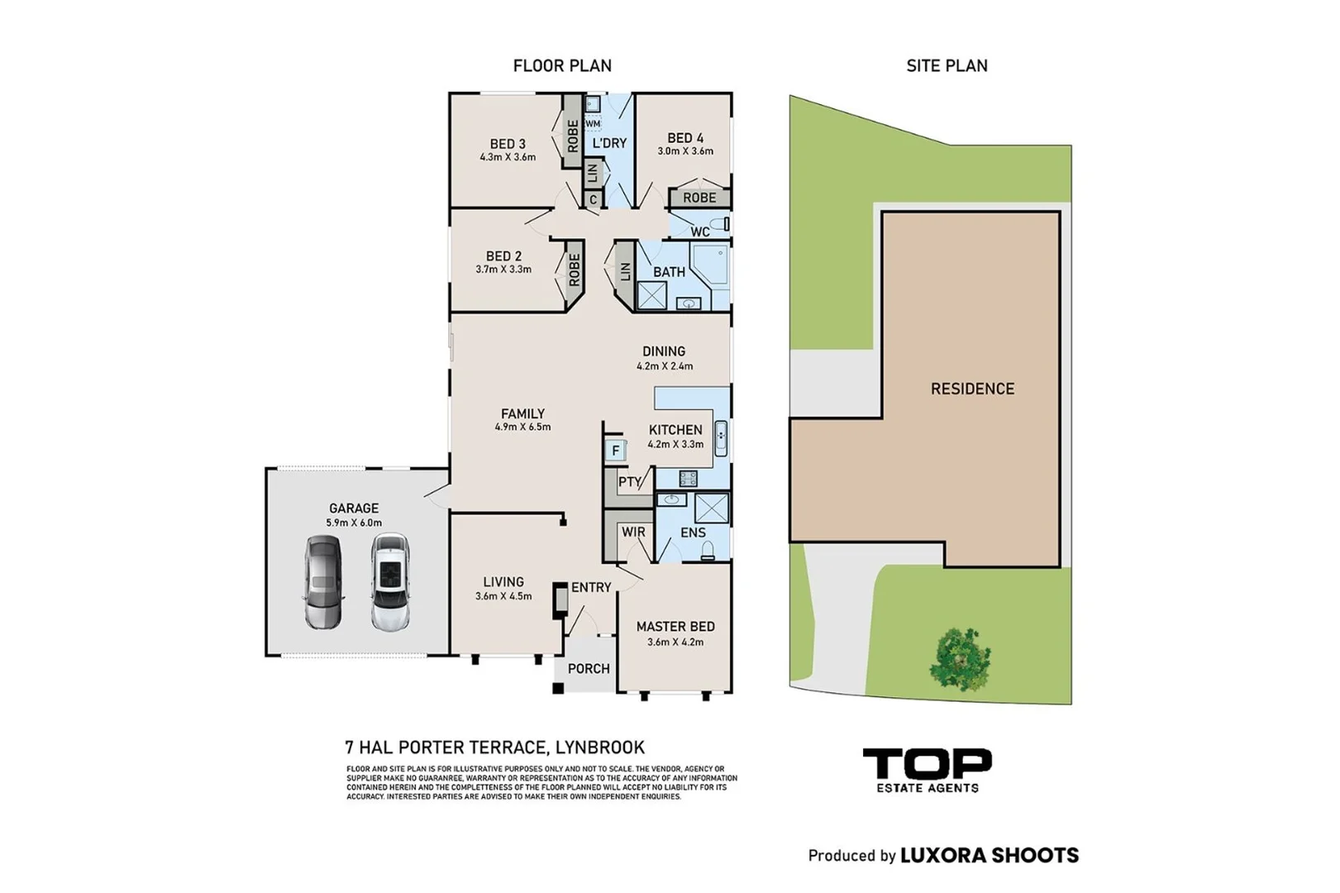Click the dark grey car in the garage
(x=323, y=582)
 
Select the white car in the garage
(x=390, y=582)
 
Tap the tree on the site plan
(x=960, y=659)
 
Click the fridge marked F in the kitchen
(x=616, y=450)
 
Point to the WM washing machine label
(x=593, y=124)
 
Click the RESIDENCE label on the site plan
(x=972, y=389)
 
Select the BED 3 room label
(x=508, y=144)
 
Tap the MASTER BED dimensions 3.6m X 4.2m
(x=675, y=642)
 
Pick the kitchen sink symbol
(x=721, y=439)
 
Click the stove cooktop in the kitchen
(x=688, y=478)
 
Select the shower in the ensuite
(x=711, y=509)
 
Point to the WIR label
(x=633, y=532)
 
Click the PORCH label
(x=589, y=669)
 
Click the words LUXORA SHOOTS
(x=990, y=855)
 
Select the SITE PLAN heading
(x=947, y=66)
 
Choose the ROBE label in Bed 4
(x=699, y=198)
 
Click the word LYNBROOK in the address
(x=600, y=747)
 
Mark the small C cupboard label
(x=593, y=199)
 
